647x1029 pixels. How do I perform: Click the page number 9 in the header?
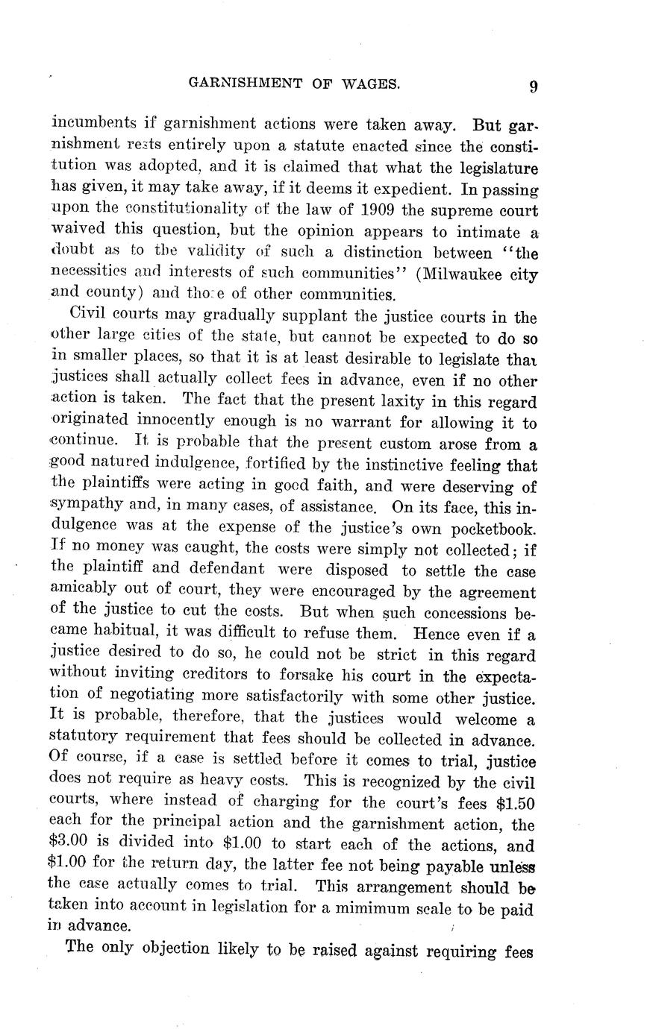[534, 86]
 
